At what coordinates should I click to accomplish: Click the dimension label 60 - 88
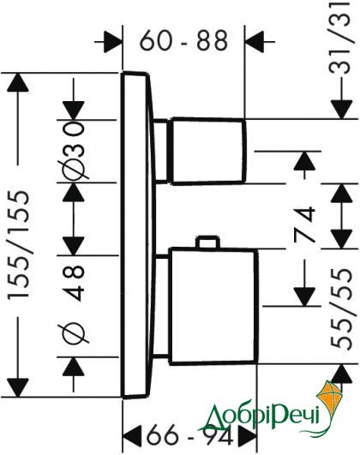pyautogui.click(x=183, y=40)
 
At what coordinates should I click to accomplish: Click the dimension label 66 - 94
pyautogui.click(x=190, y=434)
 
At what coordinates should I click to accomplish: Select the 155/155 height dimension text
pyautogui.click(x=19, y=244)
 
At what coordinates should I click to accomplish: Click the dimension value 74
pyautogui.click(x=304, y=224)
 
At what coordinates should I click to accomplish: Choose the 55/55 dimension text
pyautogui.click(x=342, y=308)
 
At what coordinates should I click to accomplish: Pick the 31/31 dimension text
pyautogui.click(x=342, y=37)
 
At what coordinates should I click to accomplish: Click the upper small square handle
pyautogui.click(x=208, y=151)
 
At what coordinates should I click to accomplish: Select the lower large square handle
pyautogui.click(x=213, y=306)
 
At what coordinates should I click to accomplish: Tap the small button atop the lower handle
pyautogui.click(x=207, y=242)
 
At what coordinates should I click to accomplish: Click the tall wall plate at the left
pyautogui.click(x=136, y=235)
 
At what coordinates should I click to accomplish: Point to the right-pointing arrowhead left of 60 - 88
pyautogui.click(x=112, y=42)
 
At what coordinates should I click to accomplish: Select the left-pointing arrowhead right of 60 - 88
pyautogui.click(x=255, y=42)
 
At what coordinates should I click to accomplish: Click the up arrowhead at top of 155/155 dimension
pyautogui.click(x=18, y=82)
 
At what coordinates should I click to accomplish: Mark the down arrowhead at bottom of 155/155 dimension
pyautogui.click(x=18, y=387)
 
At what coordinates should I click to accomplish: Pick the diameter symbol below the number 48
pyautogui.click(x=74, y=333)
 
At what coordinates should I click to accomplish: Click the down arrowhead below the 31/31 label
pyautogui.click(x=342, y=110)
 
